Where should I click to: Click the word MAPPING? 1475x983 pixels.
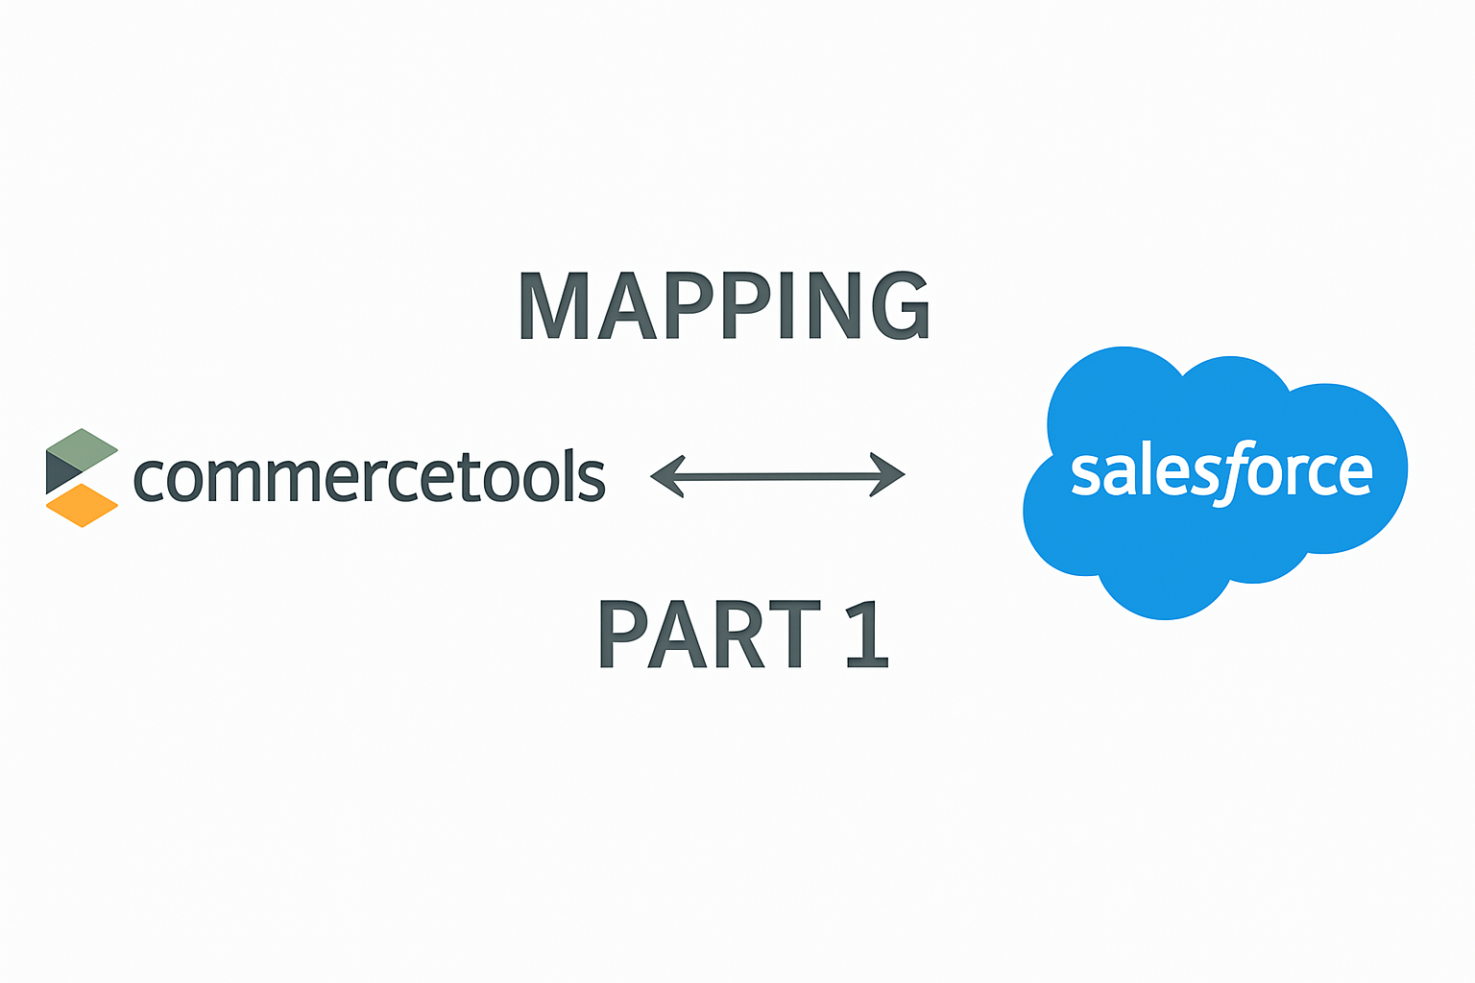[x=724, y=305]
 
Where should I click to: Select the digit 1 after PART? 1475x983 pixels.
[x=868, y=634]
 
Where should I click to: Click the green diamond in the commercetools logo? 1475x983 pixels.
[x=83, y=449]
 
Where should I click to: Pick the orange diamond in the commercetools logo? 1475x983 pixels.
[x=83, y=505]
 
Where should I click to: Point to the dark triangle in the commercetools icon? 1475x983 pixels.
[x=60, y=470]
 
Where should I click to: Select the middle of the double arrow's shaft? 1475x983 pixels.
[x=777, y=475]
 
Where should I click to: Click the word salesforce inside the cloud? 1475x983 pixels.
[x=1221, y=472]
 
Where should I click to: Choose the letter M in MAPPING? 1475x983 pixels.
[x=553, y=305]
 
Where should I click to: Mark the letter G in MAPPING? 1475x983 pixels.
[x=900, y=305]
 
